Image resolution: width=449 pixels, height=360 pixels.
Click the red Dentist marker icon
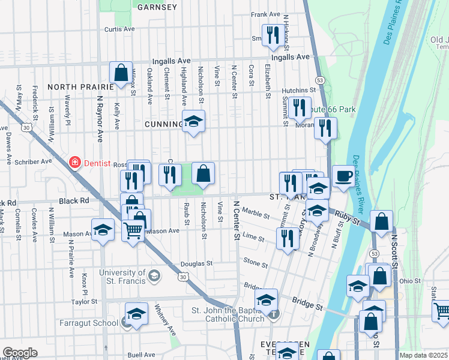tap(74, 162)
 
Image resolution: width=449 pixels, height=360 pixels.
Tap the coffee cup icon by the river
tap(343, 176)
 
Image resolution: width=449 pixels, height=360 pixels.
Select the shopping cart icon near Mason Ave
tap(133, 229)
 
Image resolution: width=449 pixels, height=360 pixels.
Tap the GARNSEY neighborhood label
tap(157, 7)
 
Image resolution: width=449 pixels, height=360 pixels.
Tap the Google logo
tap(20, 353)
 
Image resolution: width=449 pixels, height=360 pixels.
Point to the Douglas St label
tap(197, 263)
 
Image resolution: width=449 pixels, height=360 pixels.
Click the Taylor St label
tap(84, 302)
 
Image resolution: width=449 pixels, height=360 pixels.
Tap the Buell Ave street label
tap(141, 355)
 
